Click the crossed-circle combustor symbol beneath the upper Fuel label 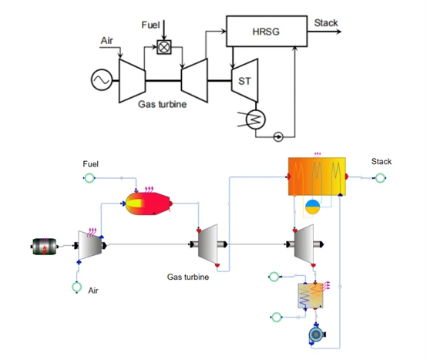164,47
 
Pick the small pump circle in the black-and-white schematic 279,137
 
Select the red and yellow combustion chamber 150,203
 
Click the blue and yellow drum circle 313,206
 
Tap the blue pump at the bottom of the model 314,335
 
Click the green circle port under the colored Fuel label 89,179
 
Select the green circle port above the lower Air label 77,288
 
